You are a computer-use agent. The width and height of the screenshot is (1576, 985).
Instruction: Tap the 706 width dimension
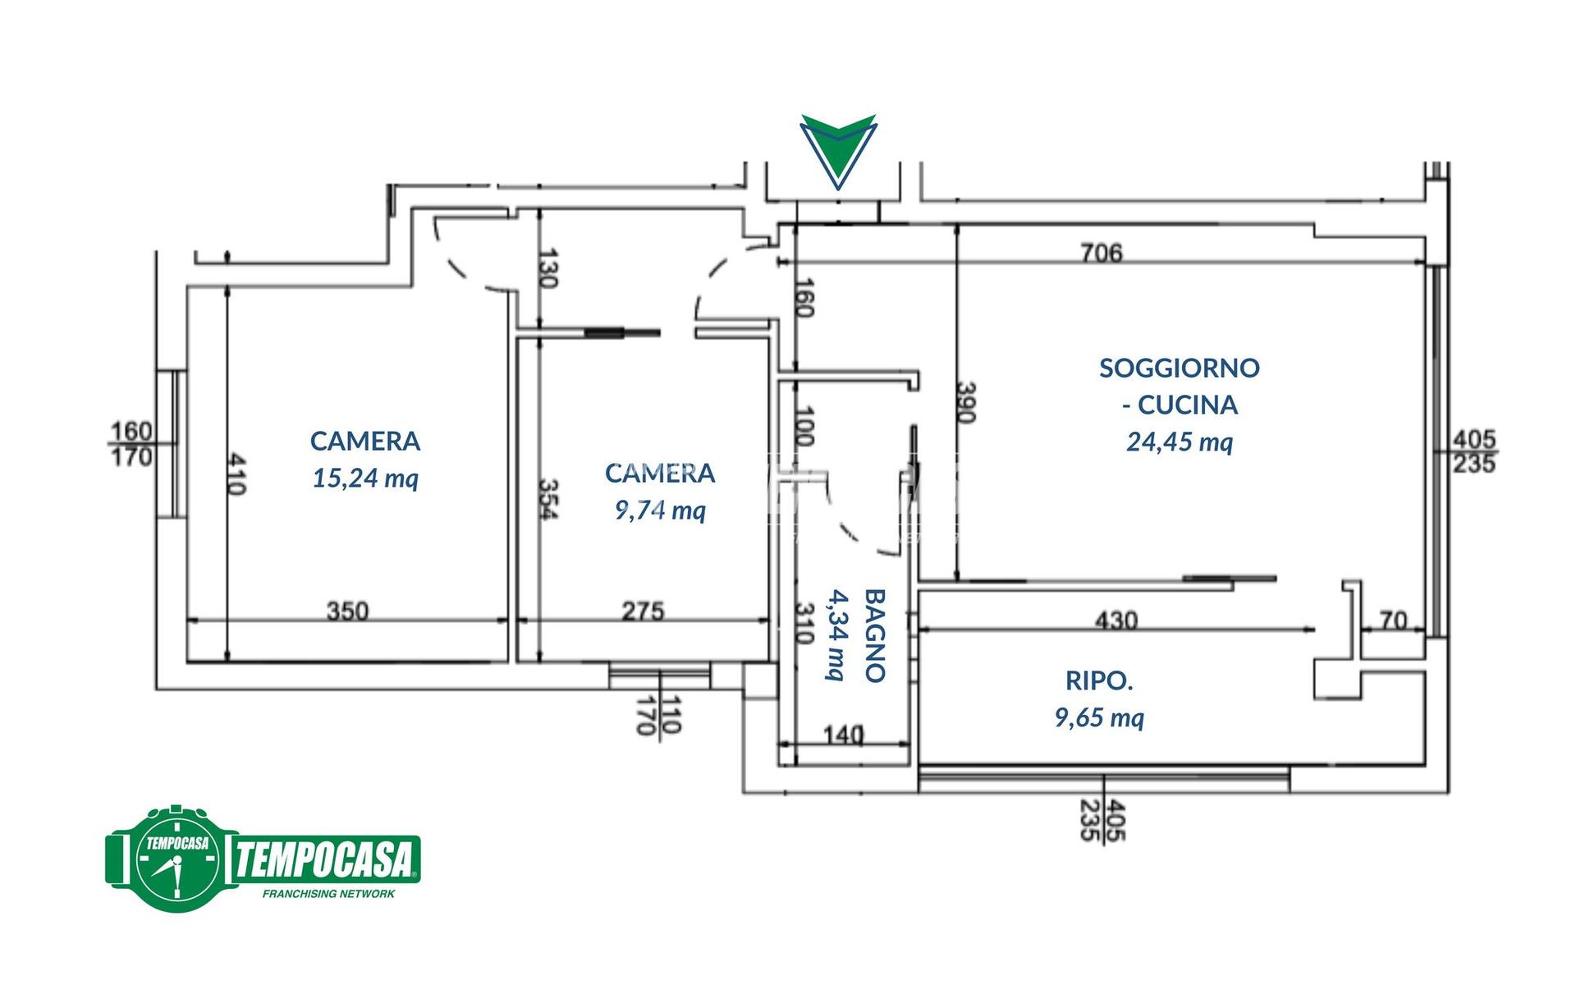[1101, 252]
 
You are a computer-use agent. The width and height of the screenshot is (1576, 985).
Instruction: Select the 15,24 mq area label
[365, 478]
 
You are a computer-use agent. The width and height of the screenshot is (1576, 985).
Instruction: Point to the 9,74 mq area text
[660, 511]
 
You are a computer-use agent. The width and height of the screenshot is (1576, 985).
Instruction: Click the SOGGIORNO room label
[1180, 368]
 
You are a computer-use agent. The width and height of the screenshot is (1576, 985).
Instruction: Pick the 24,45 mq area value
[1180, 442]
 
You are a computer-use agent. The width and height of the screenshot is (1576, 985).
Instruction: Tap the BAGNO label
[875, 635]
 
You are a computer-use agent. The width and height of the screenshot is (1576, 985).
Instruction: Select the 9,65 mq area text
[1099, 718]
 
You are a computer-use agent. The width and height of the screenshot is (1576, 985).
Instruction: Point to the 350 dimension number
[347, 611]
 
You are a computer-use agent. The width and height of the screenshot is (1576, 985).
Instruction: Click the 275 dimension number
[643, 611]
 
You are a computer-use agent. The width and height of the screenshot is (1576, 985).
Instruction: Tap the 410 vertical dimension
[235, 474]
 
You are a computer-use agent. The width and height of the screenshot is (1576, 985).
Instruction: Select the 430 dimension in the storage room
[1116, 620]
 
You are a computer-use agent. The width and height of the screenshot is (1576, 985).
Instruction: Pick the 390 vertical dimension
[966, 402]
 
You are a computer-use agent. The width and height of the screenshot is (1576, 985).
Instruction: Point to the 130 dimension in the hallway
[548, 268]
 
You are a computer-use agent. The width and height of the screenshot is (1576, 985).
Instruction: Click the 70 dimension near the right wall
[1394, 620]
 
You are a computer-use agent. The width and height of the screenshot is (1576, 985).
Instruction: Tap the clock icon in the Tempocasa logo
[177, 859]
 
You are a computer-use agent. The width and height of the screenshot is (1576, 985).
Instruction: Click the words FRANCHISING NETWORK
[328, 894]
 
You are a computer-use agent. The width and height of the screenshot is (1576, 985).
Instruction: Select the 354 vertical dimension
[548, 499]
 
